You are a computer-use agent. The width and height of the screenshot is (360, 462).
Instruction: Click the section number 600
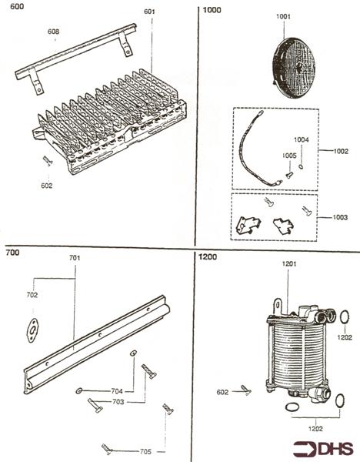(x=17, y=6)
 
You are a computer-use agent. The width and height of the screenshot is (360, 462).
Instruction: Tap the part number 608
(x=53, y=32)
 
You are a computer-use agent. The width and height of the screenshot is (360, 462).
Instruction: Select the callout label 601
(x=149, y=12)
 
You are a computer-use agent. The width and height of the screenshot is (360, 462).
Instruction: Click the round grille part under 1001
(x=294, y=67)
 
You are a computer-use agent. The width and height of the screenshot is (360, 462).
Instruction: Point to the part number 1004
(x=301, y=139)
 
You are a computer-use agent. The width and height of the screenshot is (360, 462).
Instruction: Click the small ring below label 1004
(x=301, y=167)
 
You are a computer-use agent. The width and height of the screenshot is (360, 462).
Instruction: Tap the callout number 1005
(x=289, y=156)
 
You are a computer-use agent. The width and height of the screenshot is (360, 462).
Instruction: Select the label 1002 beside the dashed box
(x=341, y=151)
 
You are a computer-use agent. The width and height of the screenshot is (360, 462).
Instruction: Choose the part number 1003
(x=340, y=217)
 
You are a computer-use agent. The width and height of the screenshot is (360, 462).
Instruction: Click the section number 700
(x=12, y=253)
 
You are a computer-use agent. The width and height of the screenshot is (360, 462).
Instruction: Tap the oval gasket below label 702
(x=32, y=330)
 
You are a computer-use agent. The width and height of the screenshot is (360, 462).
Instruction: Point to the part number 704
(x=117, y=391)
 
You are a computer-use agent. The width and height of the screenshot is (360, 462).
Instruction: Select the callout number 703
(x=118, y=402)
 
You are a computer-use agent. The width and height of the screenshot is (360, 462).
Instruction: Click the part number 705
(x=145, y=451)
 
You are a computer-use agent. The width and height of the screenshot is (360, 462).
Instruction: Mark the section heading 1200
(x=208, y=256)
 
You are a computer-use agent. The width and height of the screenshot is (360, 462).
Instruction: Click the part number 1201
(x=289, y=263)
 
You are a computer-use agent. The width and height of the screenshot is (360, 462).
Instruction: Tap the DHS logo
(x=323, y=449)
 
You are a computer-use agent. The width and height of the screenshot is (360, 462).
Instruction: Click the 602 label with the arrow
(x=222, y=392)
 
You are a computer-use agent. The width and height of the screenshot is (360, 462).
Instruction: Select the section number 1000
(x=212, y=10)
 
